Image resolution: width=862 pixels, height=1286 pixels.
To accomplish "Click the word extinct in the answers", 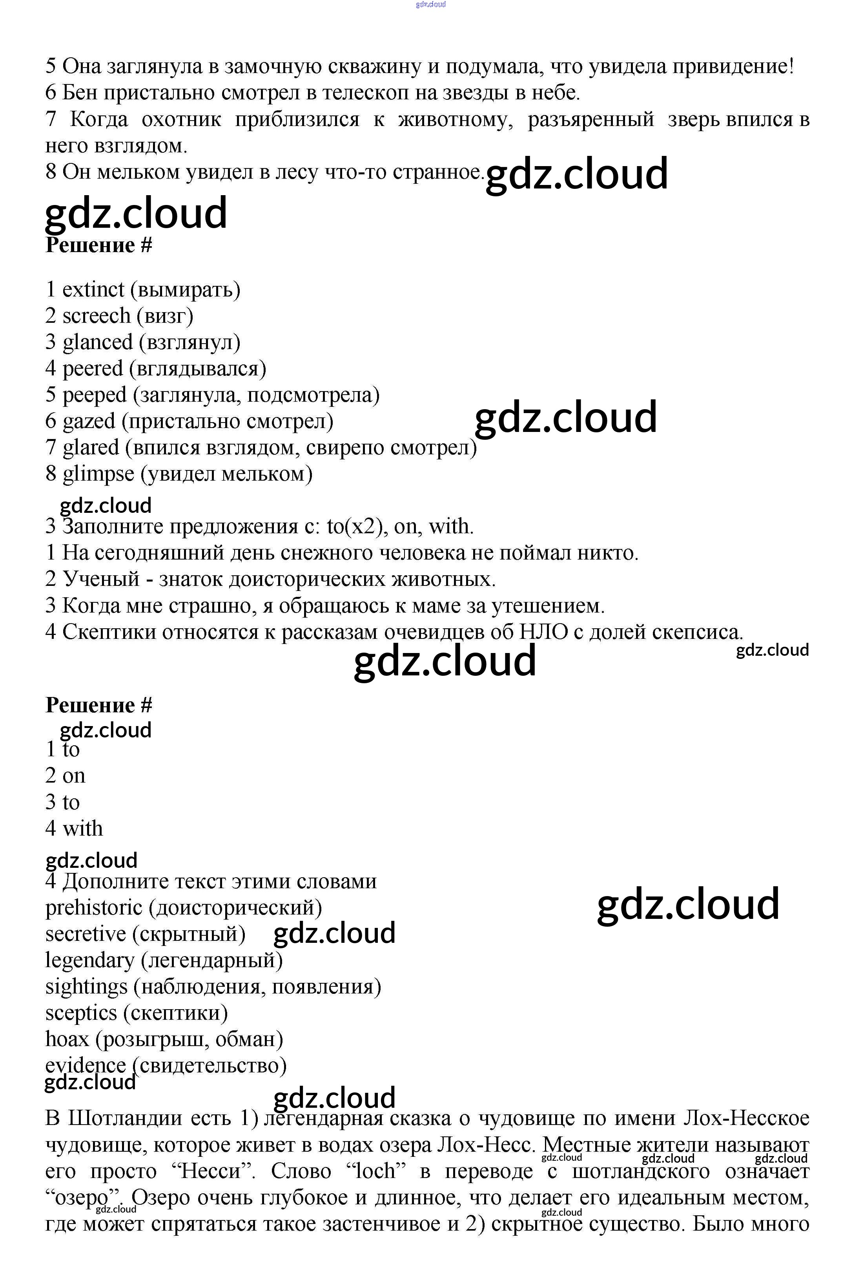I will tap(93, 289).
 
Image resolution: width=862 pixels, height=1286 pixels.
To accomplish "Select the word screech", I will tap(96, 316).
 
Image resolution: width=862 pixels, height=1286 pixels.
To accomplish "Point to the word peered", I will tap(92, 369).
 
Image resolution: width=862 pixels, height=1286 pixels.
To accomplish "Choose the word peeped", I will tap(94, 395).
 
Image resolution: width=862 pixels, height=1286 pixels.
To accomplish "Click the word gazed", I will tap(89, 421).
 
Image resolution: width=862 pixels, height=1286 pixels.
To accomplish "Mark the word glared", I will tap(91, 448).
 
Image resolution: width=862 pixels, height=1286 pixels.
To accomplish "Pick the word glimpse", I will tap(98, 474).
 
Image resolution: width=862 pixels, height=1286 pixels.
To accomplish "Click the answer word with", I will tap(82, 829).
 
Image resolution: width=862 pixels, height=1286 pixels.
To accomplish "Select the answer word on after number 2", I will tap(74, 776).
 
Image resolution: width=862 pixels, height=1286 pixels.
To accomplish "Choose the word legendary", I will tap(89, 960).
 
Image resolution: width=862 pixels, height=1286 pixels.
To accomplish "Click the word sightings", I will tap(86, 987).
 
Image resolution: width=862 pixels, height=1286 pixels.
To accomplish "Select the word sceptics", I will tap(81, 1013).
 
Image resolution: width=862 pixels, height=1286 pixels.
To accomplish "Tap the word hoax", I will tap(67, 1039).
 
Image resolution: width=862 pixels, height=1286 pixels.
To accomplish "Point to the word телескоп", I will tap(365, 93).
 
